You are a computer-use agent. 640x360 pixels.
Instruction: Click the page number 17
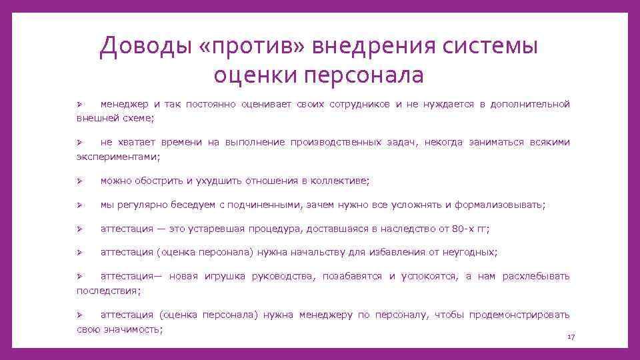click(x=570, y=338)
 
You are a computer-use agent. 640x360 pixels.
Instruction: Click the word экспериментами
click(x=117, y=156)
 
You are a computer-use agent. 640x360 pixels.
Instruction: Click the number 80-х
click(x=464, y=229)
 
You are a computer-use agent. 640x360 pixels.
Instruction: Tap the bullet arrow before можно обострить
click(x=78, y=181)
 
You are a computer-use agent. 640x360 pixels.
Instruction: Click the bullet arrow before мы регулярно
click(x=78, y=205)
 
